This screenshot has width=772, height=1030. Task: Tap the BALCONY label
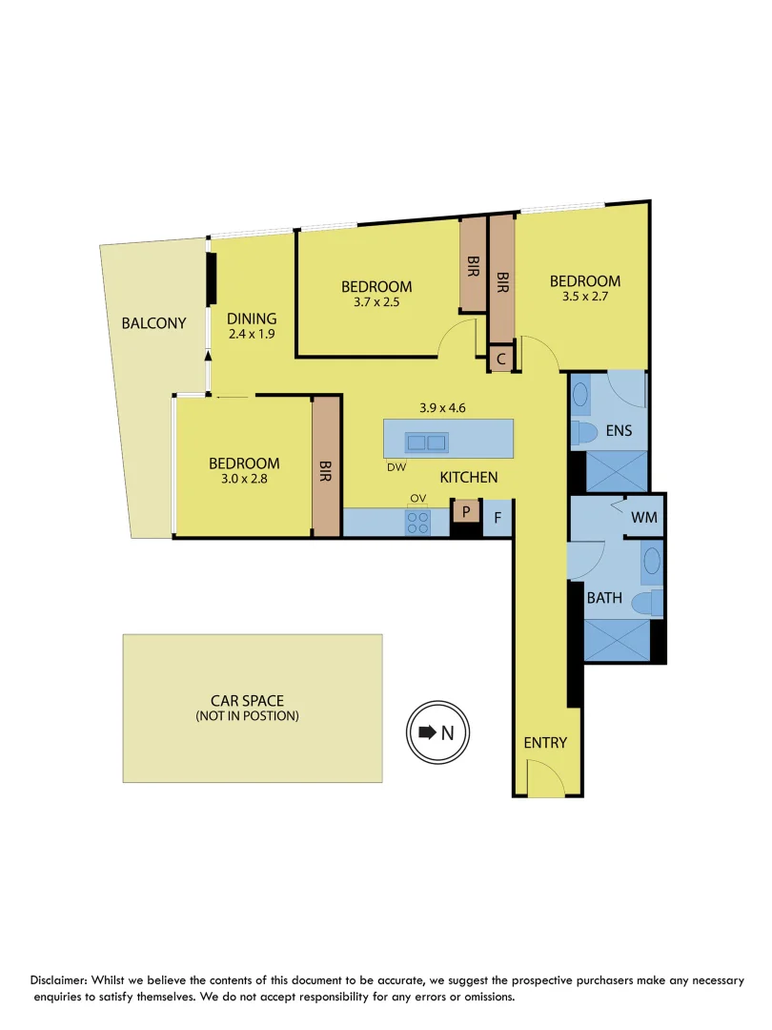[153, 323]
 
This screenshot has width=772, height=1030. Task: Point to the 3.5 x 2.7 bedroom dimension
[584, 297]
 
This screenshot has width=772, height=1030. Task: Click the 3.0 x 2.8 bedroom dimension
[244, 480]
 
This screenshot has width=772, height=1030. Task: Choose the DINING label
[252, 319]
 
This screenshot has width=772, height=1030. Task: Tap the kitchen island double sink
[426, 443]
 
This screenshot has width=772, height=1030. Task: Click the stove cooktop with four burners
[418, 522]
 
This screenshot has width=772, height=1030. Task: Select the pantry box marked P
[466, 512]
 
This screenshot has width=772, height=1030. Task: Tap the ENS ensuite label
[620, 431]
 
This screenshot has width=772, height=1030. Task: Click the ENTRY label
[545, 743]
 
